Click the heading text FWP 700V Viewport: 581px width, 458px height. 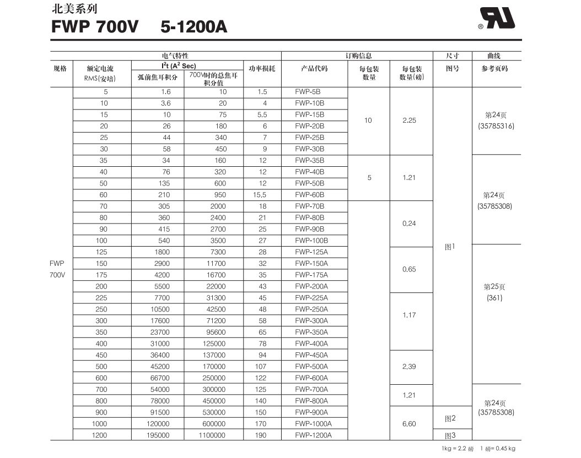coord(95,26)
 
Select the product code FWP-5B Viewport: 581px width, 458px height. coord(308,92)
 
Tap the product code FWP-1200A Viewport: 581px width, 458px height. coord(313,435)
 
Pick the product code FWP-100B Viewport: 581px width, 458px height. coord(311,241)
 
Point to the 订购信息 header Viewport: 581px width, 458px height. coord(358,56)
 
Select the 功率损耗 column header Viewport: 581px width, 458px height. coord(262,69)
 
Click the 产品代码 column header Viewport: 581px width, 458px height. coord(314,69)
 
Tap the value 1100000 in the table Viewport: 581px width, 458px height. coord(212,435)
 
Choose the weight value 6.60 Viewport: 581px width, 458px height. coord(409,424)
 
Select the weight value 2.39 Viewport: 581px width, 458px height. coord(409,367)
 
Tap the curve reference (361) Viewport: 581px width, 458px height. coord(494,298)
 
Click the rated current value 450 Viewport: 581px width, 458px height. coord(101,355)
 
